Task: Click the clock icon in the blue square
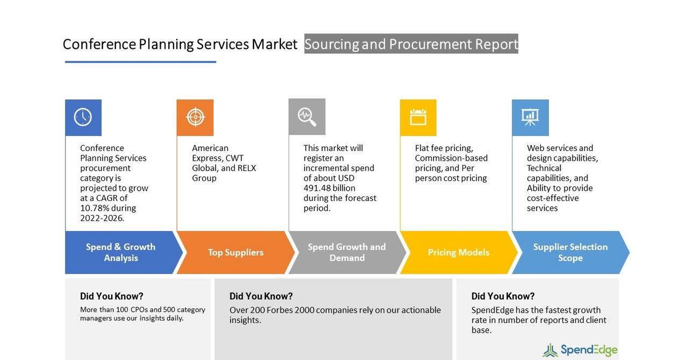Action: pos(83,117)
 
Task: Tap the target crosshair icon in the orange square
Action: pos(195,117)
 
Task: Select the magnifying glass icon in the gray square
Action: pos(307,117)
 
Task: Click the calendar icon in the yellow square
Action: pos(418,117)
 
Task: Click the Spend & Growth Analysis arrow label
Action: pos(121,253)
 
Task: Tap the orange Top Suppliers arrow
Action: pos(235,253)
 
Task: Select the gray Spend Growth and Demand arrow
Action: pos(346,253)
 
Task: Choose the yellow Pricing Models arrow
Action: pos(458,253)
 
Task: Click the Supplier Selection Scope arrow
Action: pos(570,253)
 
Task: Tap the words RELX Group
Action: pos(224,173)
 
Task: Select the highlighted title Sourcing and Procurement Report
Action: pos(411,44)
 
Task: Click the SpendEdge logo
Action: pos(580,350)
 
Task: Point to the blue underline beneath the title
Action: pos(140,62)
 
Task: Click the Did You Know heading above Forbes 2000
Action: pos(261,296)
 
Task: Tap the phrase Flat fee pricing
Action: pos(444,148)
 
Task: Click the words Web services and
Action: pos(560,148)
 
